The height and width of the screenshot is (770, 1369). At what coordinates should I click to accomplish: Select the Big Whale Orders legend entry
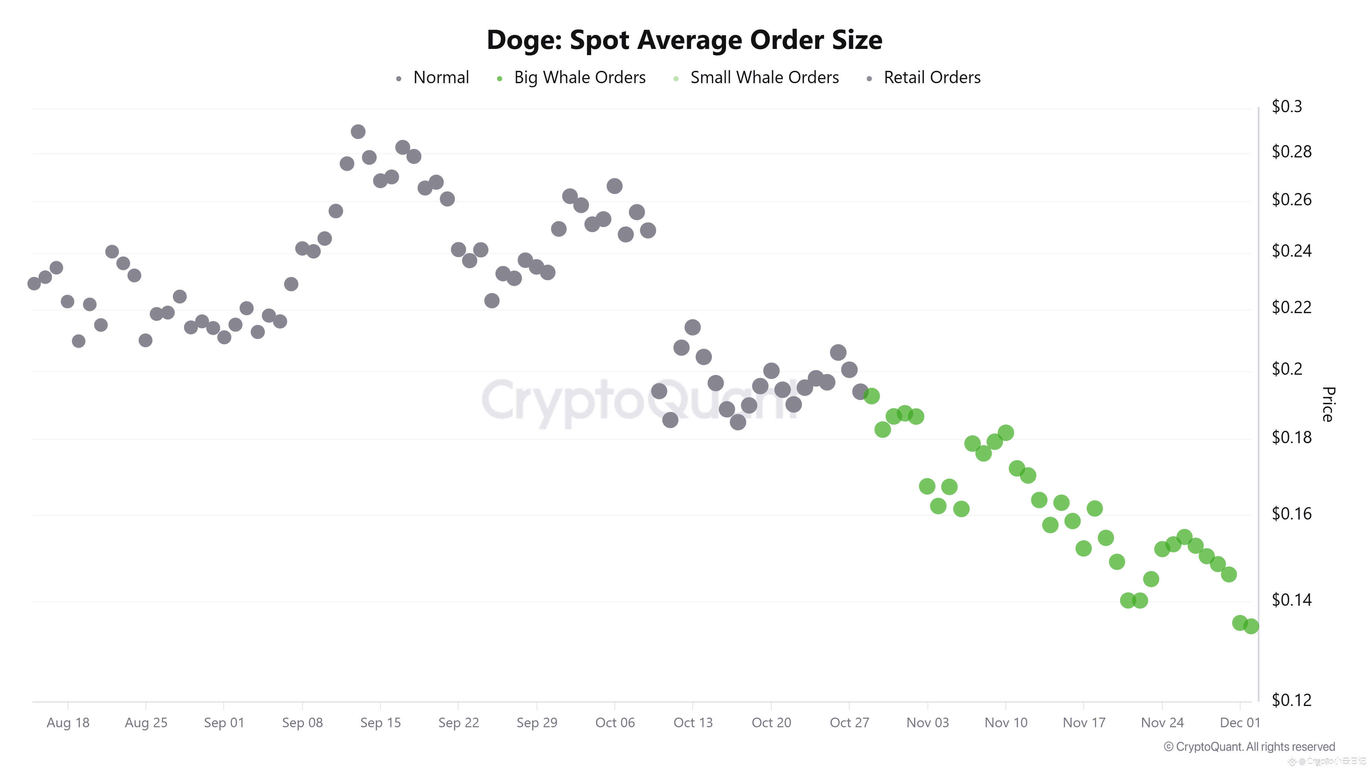point(579,78)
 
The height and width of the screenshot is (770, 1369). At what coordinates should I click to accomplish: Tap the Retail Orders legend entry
point(932,78)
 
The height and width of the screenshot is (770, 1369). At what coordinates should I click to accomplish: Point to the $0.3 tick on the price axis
point(1287,107)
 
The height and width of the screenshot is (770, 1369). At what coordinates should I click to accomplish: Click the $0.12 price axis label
point(1291,700)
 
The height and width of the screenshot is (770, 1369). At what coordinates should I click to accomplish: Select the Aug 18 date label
point(68,723)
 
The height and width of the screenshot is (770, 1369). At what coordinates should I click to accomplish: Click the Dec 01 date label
point(1239,723)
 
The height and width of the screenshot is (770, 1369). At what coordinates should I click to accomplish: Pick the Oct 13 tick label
point(692,723)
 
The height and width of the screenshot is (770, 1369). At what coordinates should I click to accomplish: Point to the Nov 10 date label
point(1006,723)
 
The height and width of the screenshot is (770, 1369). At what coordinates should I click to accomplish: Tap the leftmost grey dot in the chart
point(34,283)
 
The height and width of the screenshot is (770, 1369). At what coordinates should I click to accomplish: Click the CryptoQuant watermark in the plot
point(638,402)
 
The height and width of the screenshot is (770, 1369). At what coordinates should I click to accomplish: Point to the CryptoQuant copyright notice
point(1249,747)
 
